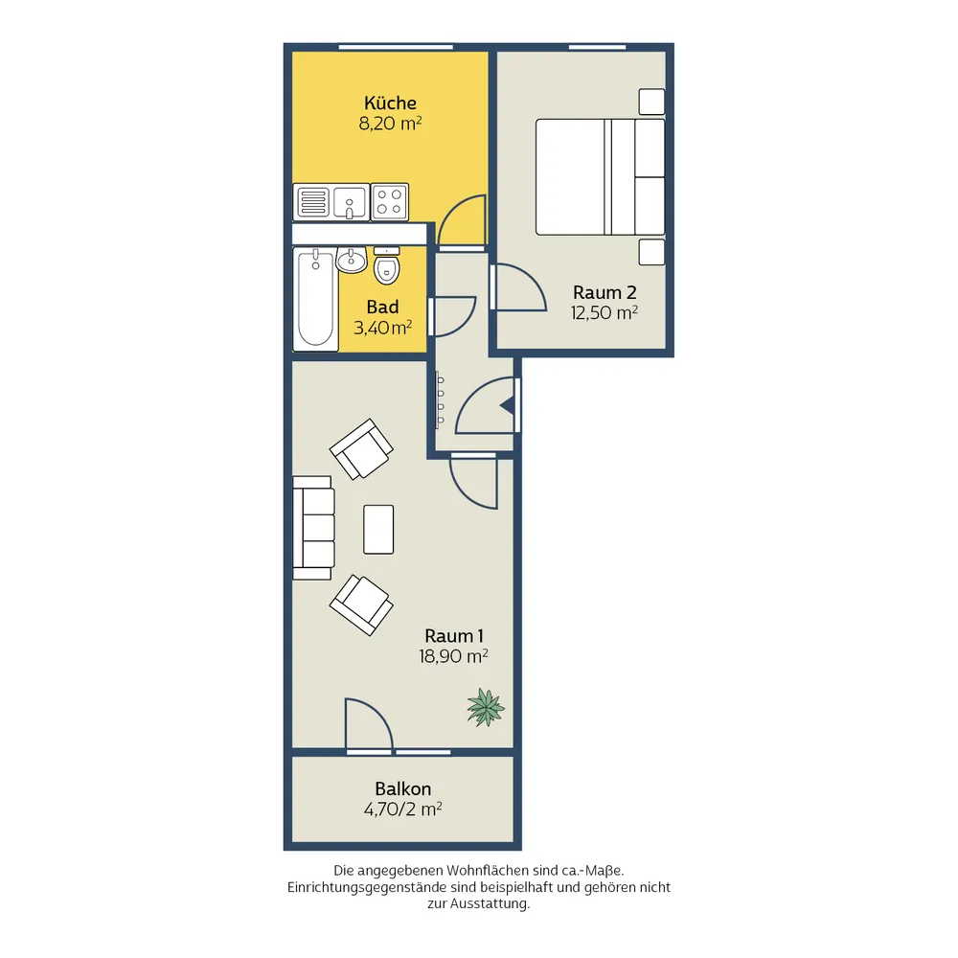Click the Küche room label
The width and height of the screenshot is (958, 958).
[x=390, y=103]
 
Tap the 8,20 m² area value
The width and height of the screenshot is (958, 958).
[x=390, y=124]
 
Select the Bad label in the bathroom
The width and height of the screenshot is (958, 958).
[x=382, y=307]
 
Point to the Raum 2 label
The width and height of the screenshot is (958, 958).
[x=604, y=292]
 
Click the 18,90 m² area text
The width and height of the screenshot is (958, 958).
[x=453, y=656]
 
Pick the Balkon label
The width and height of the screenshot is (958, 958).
[x=402, y=788]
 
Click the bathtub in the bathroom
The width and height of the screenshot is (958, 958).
[x=315, y=299]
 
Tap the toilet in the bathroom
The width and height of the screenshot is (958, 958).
[x=386, y=265]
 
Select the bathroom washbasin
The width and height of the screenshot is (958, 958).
[x=351, y=260]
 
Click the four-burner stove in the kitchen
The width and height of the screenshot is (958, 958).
[x=389, y=201]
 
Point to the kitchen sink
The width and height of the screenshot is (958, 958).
[x=349, y=201]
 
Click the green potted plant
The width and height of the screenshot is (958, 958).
[x=486, y=708]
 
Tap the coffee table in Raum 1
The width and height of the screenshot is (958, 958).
[x=378, y=529]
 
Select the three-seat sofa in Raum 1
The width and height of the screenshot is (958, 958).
[x=313, y=528]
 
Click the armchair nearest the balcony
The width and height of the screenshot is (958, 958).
[x=361, y=604]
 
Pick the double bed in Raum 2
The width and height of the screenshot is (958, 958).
[x=600, y=176]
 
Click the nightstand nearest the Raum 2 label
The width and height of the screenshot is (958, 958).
[x=651, y=252]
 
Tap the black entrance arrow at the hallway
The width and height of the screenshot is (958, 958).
[x=507, y=405]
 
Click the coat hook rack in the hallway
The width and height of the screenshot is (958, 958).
[x=440, y=399]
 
